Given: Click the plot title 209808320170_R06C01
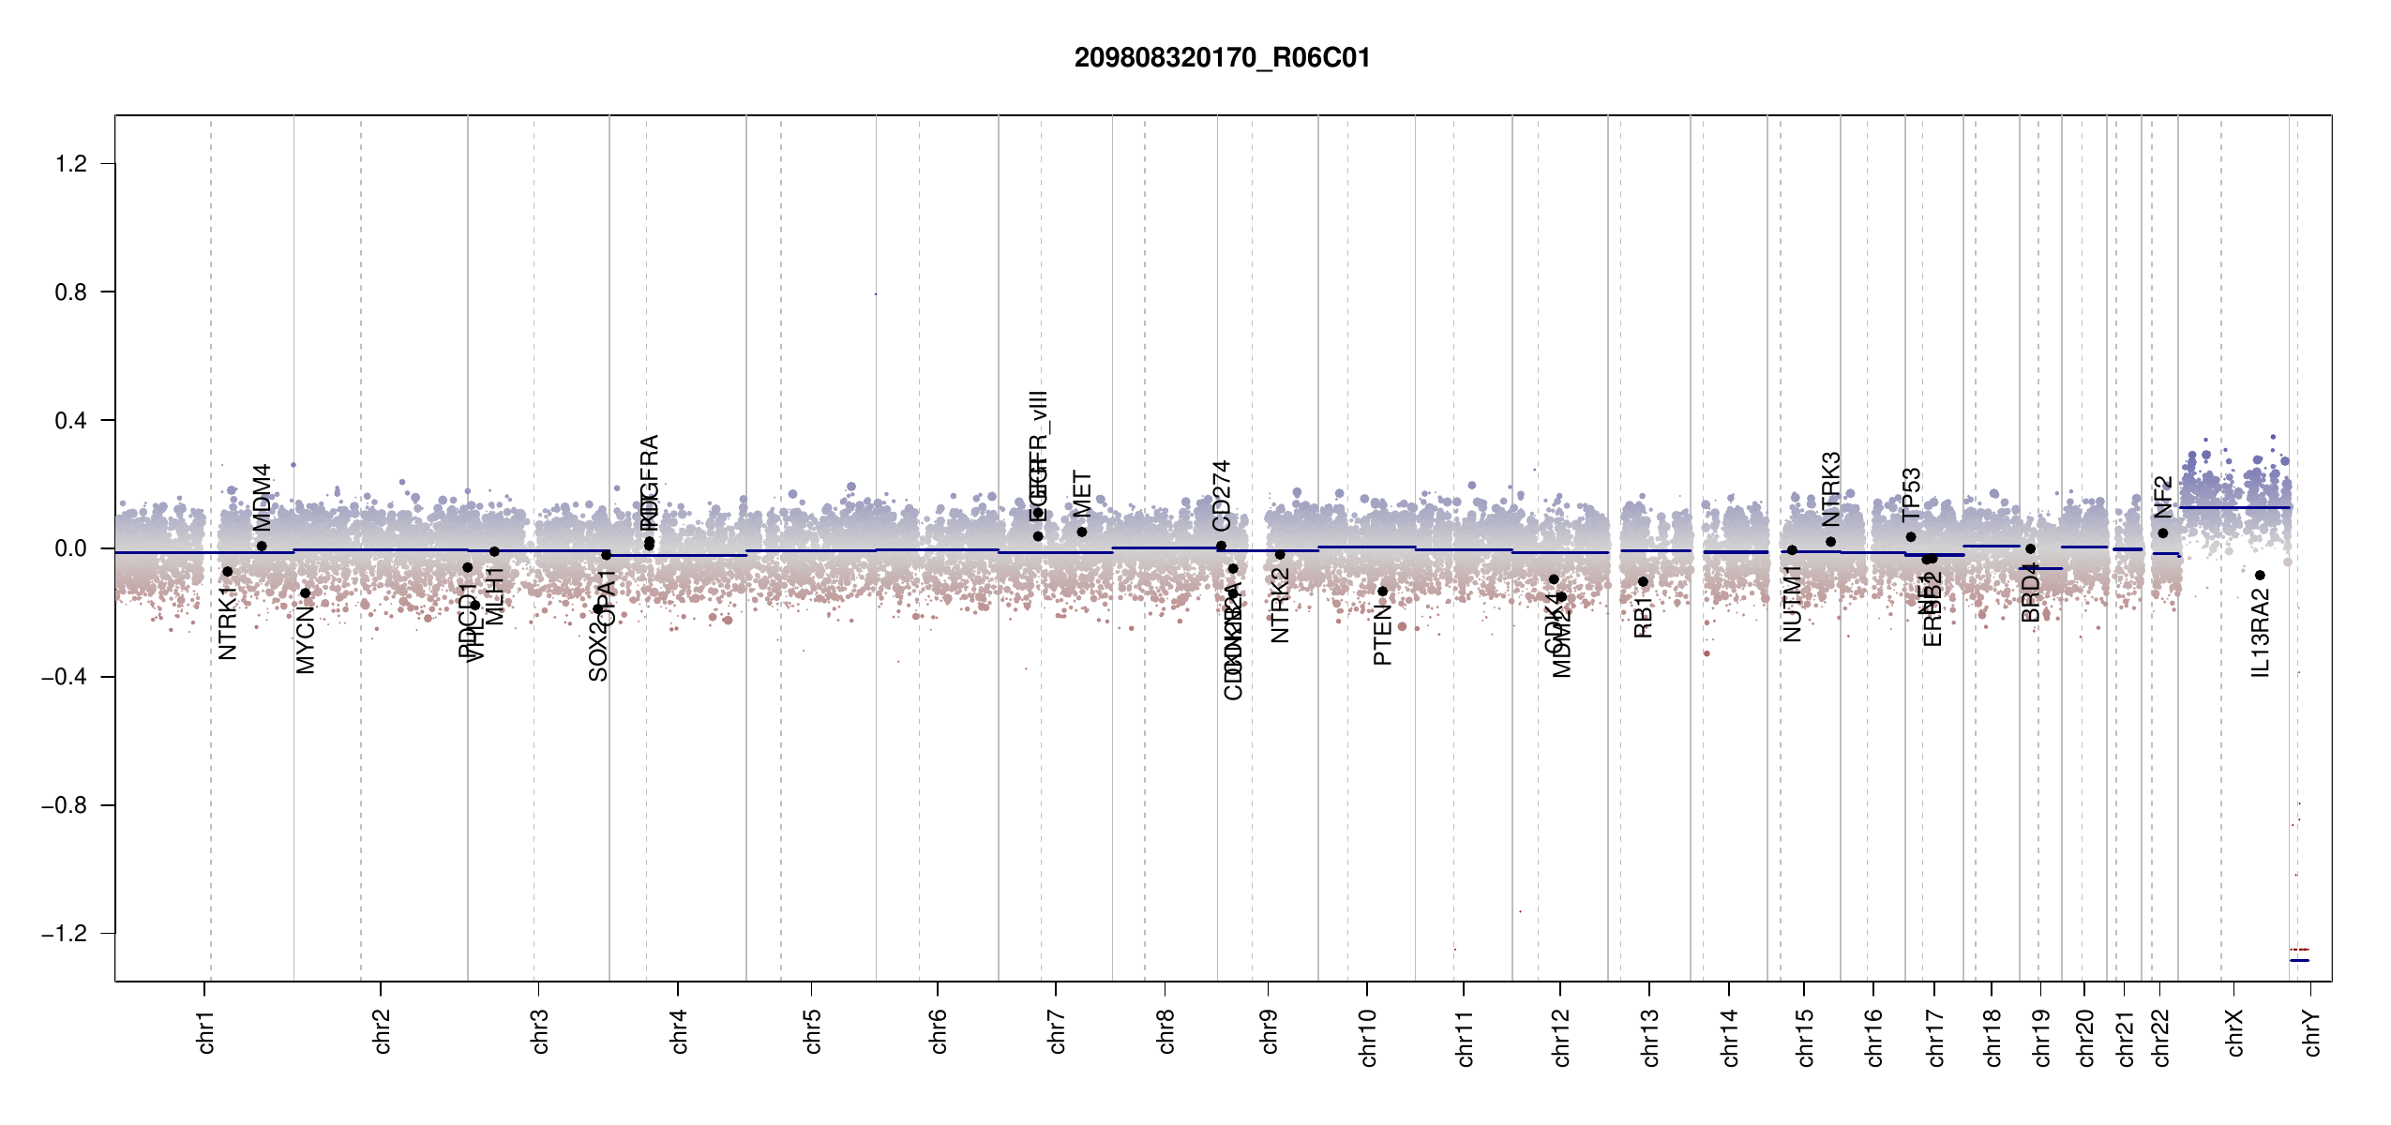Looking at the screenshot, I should pyautogui.click(x=1222, y=58).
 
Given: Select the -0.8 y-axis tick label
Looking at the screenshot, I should pyautogui.click(x=64, y=805).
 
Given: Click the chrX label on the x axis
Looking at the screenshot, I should pyautogui.click(x=2235, y=1032).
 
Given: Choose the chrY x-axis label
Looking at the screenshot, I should pyautogui.click(x=2312, y=1032).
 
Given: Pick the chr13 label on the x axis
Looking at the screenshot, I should pyautogui.click(x=1650, y=1037).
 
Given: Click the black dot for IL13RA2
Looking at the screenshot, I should pyautogui.click(x=2260, y=576).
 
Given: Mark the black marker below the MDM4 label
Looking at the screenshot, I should pyautogui.click(x=262, y=546).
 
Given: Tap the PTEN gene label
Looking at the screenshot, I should pyautogui.click(x=1382, y=635).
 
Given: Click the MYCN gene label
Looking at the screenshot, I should pyautogui.click(x=306, y=639).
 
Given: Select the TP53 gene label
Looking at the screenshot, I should pyautogui.click(x=1911, y=494).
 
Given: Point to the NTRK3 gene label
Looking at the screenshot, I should pyautogui.click(x=1831, y=488).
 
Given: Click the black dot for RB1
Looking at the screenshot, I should pyautogui.click(x=1643, y=582).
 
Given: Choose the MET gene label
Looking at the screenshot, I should pyautogui.click(x=1082, y=494).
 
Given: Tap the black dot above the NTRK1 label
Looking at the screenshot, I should pyautogui.click(x=227, y=572).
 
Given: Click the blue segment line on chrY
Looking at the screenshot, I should pyautogui.click(x=2299, y=960).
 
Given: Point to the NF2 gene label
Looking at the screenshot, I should pyautogui.click(x=2162, y=497).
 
